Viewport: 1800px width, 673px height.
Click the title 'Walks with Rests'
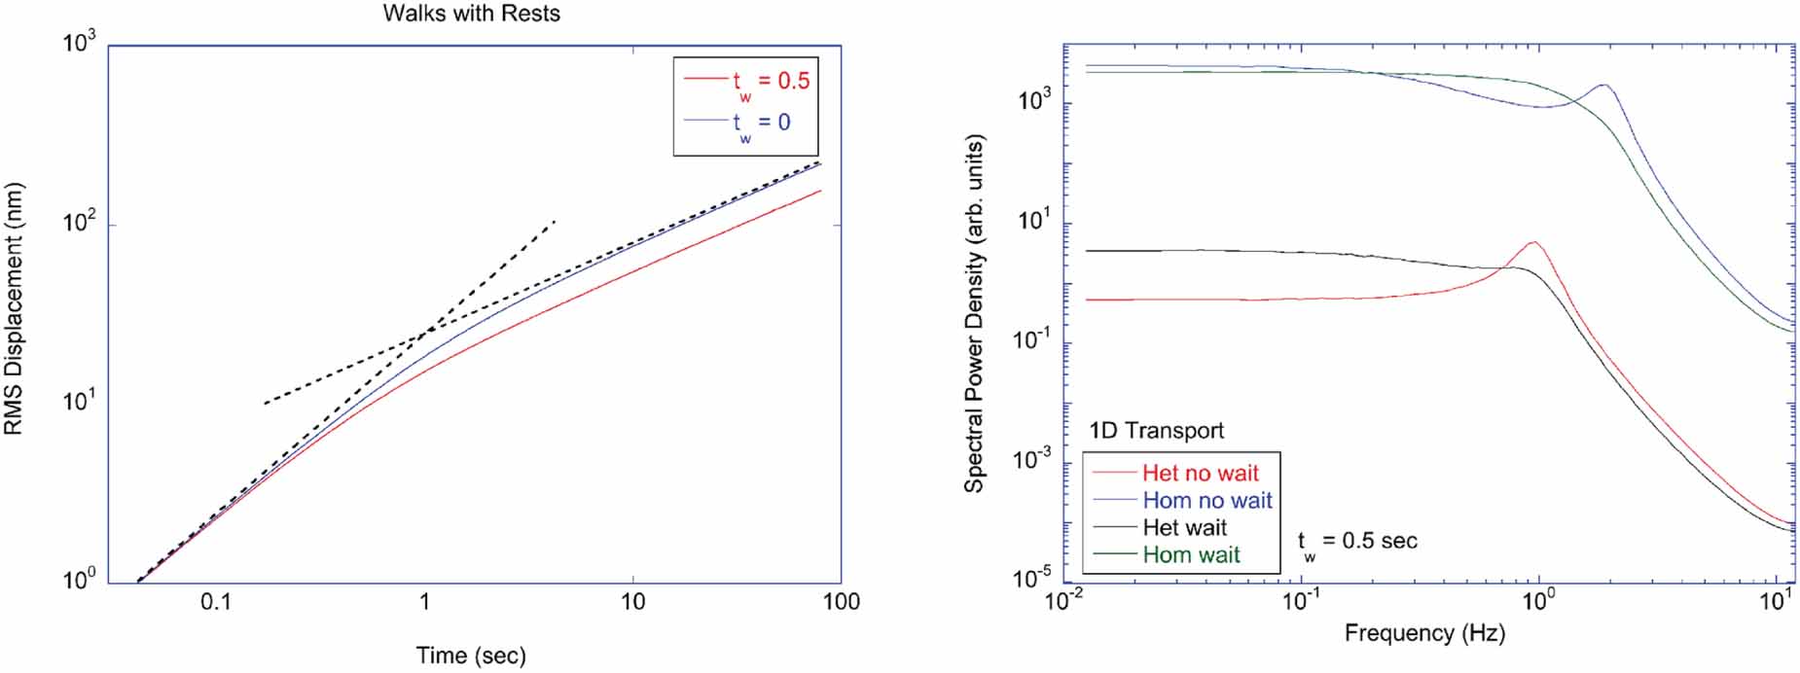[x=471, y=14]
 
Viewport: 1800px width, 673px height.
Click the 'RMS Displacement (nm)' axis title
[x=14, y=309]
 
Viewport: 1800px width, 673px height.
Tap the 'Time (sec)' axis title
[x=471, y=655]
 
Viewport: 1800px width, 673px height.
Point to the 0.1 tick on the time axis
[x=216, y=602]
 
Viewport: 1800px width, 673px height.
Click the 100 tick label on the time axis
[x=841, y=602]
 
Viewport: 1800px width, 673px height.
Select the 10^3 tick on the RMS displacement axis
[x=80, y=44]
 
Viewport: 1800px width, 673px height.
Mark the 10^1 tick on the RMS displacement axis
[x=80, y=401]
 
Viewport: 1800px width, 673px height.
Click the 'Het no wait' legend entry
[x=1200, y=474]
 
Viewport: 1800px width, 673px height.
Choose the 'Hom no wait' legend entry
[x=1206, y=501]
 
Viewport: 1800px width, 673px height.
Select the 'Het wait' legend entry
[x=1184, y=528]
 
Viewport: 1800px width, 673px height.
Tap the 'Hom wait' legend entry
[x=1191, y=555]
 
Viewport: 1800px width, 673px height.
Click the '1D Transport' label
[x=1156, y=431]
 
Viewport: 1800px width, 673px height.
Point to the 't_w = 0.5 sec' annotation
[x=1357, y=542]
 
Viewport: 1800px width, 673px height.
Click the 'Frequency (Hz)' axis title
[x=1424, y=634]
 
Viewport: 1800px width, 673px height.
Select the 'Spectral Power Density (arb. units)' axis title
[x=974, y=313]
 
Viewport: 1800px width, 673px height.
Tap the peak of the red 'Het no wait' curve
[x=1533, y=242]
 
